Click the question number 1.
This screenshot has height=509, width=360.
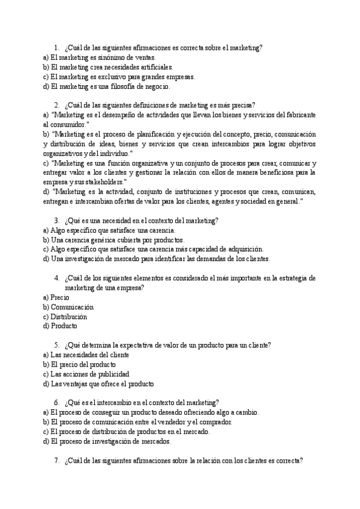point(56,47)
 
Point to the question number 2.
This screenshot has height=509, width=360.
point(56,104)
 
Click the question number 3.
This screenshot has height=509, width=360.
point(56,220)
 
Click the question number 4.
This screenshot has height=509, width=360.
point(56,278)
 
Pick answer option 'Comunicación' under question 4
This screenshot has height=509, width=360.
point(72,307)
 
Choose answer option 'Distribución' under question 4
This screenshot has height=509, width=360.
point(68,316)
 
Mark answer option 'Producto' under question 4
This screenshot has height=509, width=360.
point(64,326)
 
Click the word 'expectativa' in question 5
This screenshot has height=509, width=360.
point(147,345)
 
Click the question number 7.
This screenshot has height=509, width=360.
point(56,460)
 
